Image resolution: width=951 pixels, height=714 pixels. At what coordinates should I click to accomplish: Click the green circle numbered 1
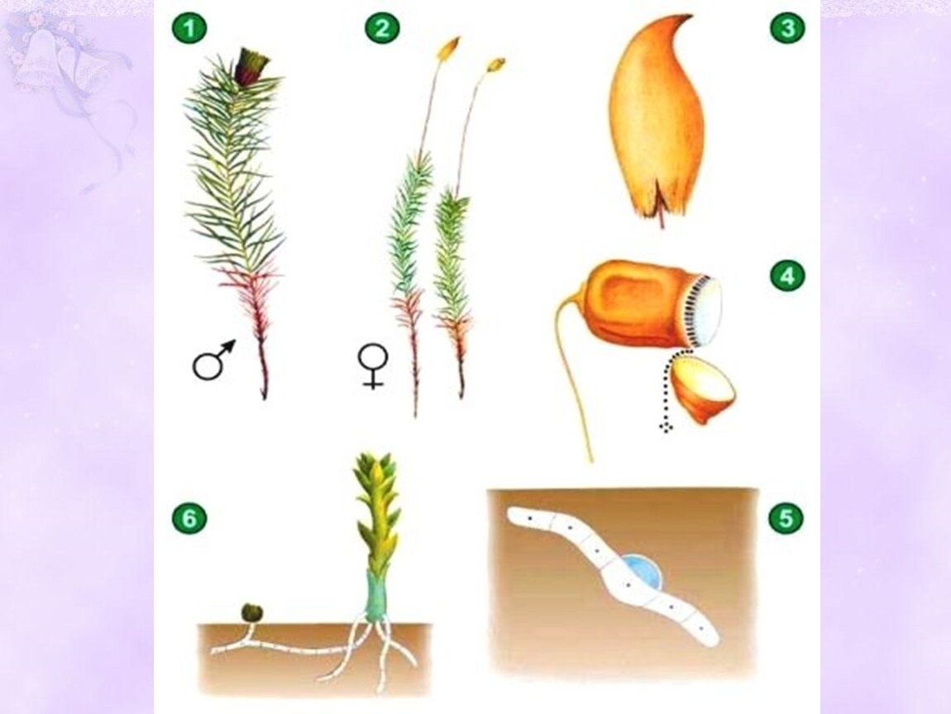coord(189,28)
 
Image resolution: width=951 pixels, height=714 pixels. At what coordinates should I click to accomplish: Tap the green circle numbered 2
coord(382,28)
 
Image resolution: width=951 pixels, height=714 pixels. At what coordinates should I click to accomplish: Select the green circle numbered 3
coord(787,28)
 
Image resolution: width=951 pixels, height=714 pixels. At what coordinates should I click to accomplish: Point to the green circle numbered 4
coord(787,276)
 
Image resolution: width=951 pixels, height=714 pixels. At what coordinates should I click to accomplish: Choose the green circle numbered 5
coord(786,519)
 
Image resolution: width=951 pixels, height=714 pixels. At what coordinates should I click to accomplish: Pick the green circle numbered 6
coord(189,519)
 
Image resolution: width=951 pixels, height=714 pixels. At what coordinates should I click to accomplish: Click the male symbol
coord(213,359)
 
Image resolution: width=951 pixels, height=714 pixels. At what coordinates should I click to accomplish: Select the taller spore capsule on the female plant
coord(449,48)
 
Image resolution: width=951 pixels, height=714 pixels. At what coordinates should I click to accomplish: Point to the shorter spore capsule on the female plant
coord(495,65)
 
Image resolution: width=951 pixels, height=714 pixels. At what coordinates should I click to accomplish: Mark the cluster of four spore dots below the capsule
coord(667,426)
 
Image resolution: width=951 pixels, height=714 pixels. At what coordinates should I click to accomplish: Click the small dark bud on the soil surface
coord(250,613)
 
